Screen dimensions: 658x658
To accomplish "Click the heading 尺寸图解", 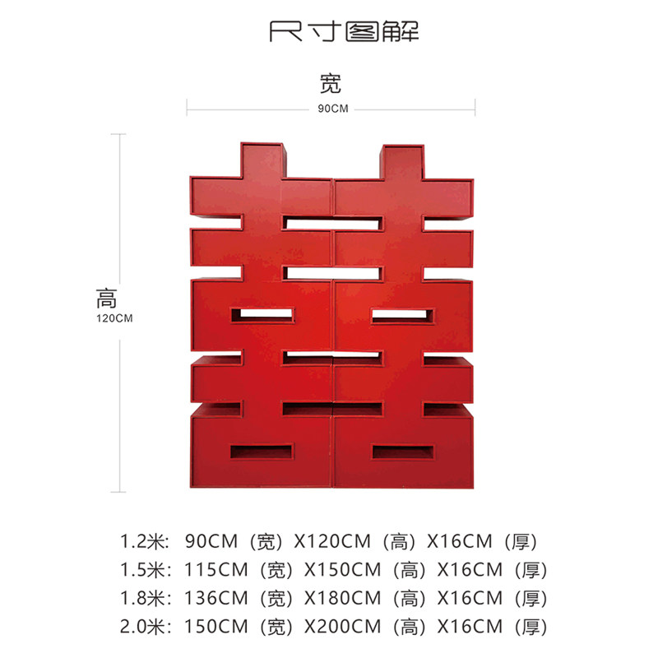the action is [344, 33].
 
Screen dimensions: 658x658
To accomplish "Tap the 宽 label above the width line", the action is [330, 83].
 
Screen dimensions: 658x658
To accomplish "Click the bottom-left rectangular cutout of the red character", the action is [261, 452].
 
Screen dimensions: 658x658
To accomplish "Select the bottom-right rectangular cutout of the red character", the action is [402, 452].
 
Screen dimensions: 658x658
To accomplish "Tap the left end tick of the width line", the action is [188, 106].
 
